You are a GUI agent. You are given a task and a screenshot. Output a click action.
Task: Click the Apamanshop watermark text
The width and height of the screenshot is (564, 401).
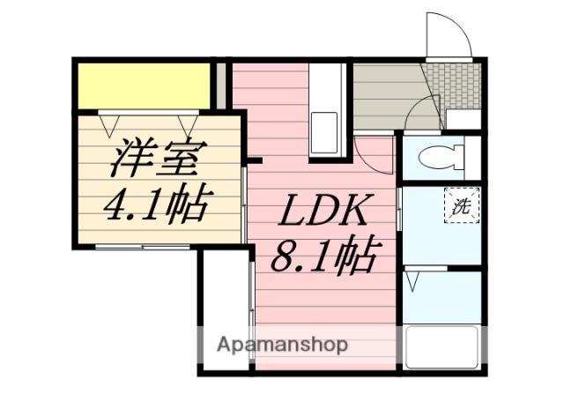283,344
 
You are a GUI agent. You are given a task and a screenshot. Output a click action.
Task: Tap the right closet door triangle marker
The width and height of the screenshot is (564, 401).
188,123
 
